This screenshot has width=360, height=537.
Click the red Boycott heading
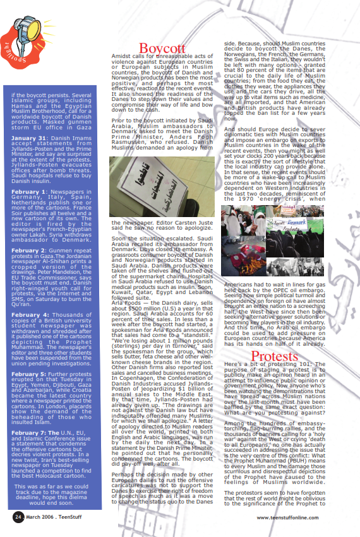click(x=162, y=49)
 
